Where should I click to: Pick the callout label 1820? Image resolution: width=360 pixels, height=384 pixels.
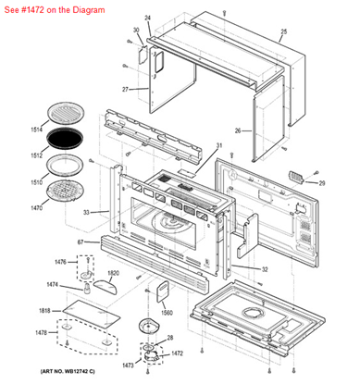pyautogui.click(x=113, y=274)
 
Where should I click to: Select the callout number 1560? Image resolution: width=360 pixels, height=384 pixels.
pyautogui.click(x=168, y=313)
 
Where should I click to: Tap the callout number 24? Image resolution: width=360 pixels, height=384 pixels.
pyautogui.click(x=148, y=19)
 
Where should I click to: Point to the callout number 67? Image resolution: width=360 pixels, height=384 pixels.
pyautogui.click(x=81, y=242)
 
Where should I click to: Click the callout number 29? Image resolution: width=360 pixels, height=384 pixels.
pyautogui.click(x=321, y=183)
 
